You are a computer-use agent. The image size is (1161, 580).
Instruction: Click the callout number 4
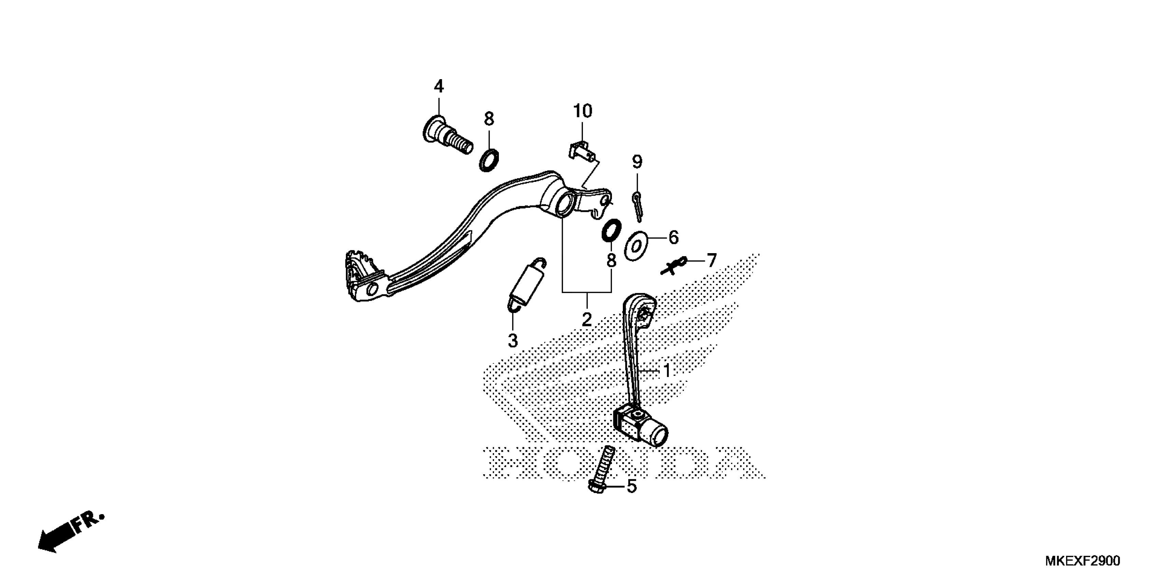tap(438, 86)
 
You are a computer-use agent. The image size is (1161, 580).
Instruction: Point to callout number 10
tap(582, 111)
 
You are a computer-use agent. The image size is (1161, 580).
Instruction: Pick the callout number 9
tap(637, 161)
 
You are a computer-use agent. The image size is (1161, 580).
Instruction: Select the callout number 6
tap(673, 237)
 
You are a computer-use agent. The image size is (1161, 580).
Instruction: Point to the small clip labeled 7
tap(673, 266)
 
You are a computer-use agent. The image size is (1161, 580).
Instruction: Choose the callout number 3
tap(513, 341)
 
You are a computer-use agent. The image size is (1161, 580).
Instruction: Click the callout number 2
tap(586, 319)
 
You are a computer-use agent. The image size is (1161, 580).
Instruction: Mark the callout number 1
tap(667, 371)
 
